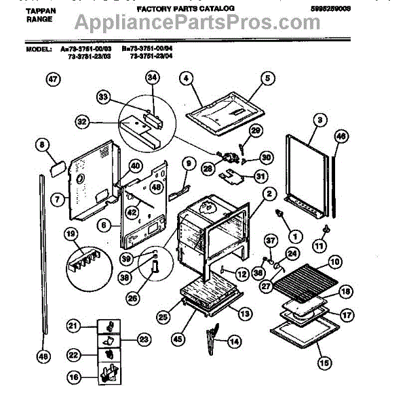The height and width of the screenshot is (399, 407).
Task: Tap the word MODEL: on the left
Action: (x=40, y=50)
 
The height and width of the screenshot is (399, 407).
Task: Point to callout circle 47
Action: (x=53, y=79)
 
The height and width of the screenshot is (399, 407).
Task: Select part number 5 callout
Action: (x=267, y=79)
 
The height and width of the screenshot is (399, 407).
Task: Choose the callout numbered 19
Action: (x=71, y=234)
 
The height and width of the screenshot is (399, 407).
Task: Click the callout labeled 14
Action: (x=233, y=341)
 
